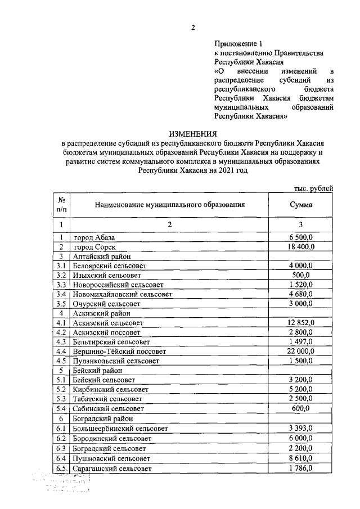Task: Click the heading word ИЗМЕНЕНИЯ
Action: coord(193,134)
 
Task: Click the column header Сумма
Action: coord(301,205)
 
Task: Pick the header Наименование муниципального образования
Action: coord(169,205)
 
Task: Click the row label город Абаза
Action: coord(94,237)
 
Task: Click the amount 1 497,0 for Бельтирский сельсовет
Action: coord(301,341)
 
